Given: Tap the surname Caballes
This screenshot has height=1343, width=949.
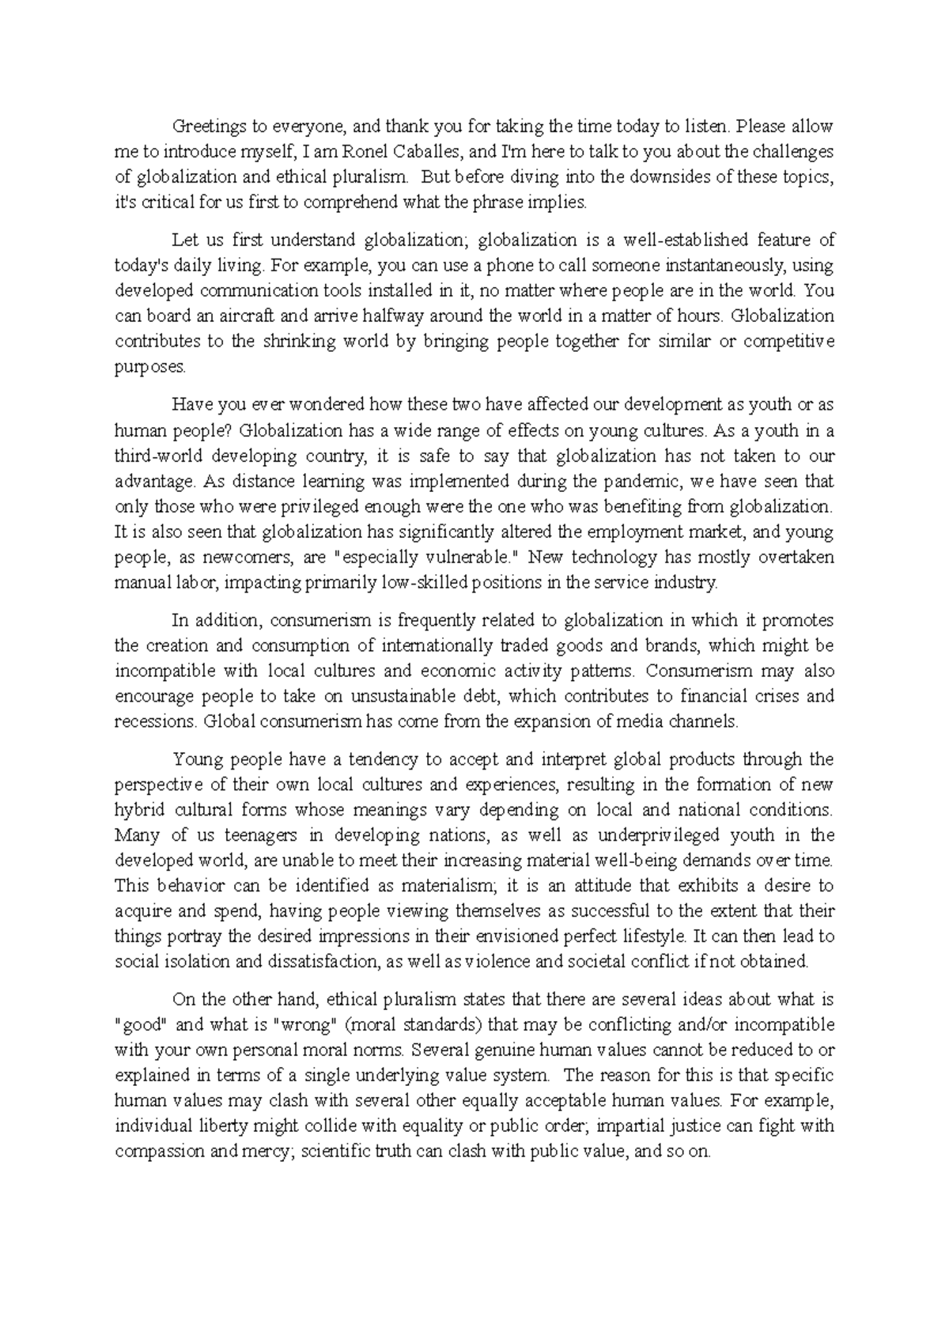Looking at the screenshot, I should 432,152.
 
